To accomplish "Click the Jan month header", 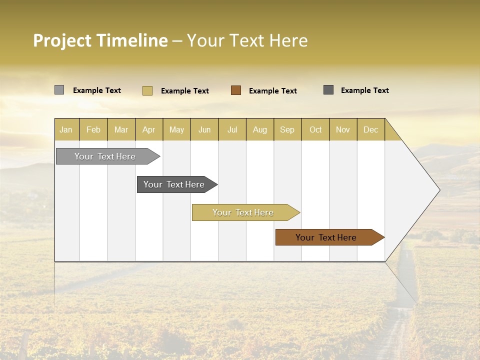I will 66,129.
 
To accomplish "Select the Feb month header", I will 93,129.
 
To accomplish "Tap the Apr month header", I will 149,129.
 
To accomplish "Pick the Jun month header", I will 204,129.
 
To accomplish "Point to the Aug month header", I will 260,129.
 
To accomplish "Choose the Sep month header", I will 287,129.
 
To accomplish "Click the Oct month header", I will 315,129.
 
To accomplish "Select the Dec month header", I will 371,129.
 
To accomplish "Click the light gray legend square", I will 59,90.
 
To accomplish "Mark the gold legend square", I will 147,90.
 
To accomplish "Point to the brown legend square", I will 236,90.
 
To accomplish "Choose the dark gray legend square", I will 328,90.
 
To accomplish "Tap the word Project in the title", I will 62,40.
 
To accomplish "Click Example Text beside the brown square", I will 273,91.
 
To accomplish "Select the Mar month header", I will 121,129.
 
